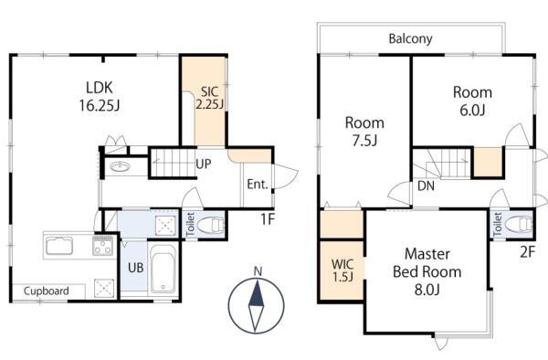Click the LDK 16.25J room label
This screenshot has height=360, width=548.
tap(100, 96)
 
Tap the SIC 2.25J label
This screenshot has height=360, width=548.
tap(209, 98)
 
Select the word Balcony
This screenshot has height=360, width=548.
tap(411, 38)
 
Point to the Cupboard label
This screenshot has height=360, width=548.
tap(47, 291)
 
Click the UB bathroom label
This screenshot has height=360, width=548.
tap(135, 268)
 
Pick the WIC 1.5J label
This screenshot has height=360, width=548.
tap(342, 270)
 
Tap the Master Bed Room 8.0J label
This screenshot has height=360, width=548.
tap(427, 271)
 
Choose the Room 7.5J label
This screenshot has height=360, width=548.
tap(364, 132)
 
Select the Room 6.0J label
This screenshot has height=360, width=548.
tap(472, 101)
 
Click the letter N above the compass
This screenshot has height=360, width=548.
tap(258, 271)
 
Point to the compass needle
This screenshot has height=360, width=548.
tap(256, 306)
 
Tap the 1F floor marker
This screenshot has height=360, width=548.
tap(268, 219)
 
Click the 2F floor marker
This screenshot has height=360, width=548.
tap(527, 251)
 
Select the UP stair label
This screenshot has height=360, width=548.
tap(204, 164)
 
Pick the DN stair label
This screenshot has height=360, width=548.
tap(426, 186)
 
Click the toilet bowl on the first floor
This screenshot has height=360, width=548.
tap(210, 225)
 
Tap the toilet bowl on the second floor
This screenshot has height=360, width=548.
tap(519, 224)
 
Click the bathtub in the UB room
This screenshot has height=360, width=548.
tap(163, 270)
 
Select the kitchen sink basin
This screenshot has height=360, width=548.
tap(59, 246)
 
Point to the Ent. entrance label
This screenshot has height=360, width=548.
tap(258, 185)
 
